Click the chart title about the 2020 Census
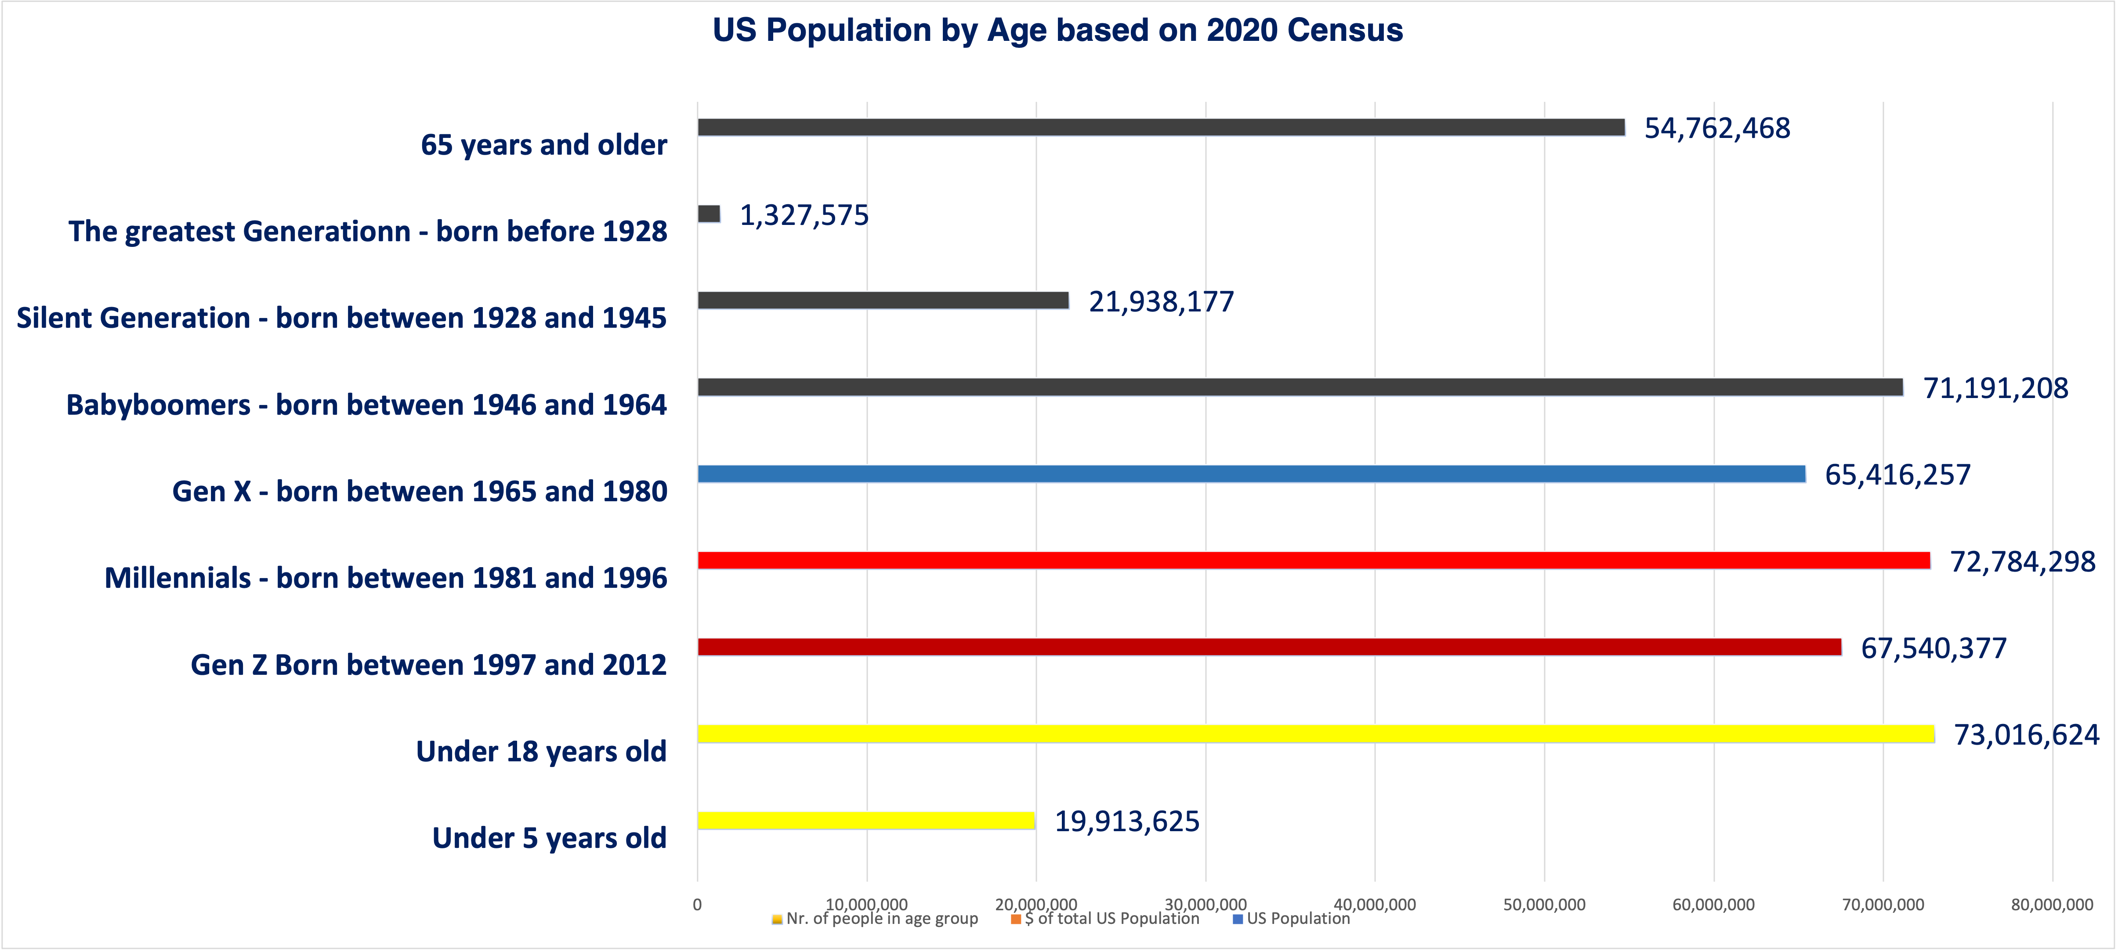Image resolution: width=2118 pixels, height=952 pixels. [x=1057, y=30]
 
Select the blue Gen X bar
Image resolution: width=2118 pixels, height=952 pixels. [x=1251, y=474]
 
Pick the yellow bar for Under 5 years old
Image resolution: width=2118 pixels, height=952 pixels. [x=866, y=820]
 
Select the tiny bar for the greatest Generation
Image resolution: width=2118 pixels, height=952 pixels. [x=709, y=214]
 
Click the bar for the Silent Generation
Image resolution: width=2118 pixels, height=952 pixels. [x=883, y=300]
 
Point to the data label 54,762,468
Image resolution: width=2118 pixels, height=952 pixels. [x=1717, y=128]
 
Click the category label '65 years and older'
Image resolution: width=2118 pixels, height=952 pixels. [x=543, y=145]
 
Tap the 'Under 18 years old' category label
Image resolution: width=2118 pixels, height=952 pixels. [x=541, y=751]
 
